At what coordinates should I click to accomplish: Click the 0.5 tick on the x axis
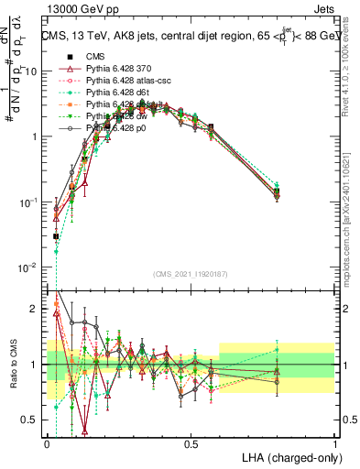click(191, 443)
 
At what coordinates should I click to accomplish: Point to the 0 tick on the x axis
click(47, 443)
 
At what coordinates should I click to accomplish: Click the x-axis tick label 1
click(334, 443)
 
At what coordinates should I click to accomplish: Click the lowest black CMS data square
click(56, 236)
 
